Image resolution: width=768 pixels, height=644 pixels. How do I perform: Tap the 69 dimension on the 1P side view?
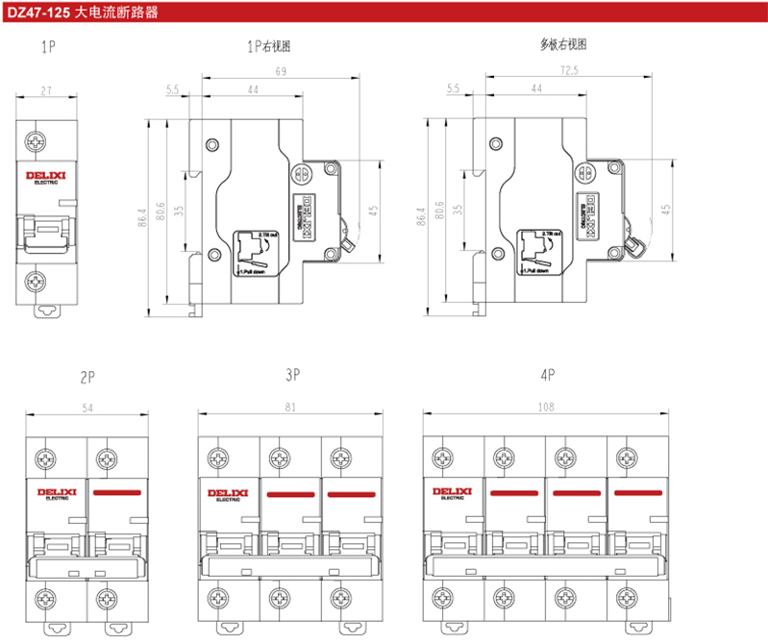(x=281, y=71)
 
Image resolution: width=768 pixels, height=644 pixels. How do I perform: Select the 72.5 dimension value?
(x=569, y=71)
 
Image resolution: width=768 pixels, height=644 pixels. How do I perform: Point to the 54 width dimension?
(x=87, y=409)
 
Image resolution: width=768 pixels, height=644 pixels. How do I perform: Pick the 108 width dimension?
(x=546, y=407)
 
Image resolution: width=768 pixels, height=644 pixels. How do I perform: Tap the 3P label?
(x=293, y=372)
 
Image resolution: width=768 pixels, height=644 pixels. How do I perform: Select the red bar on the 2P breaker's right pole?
(x=117, y=492)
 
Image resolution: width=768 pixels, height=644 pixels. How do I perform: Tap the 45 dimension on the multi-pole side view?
(x=666, y=209)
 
